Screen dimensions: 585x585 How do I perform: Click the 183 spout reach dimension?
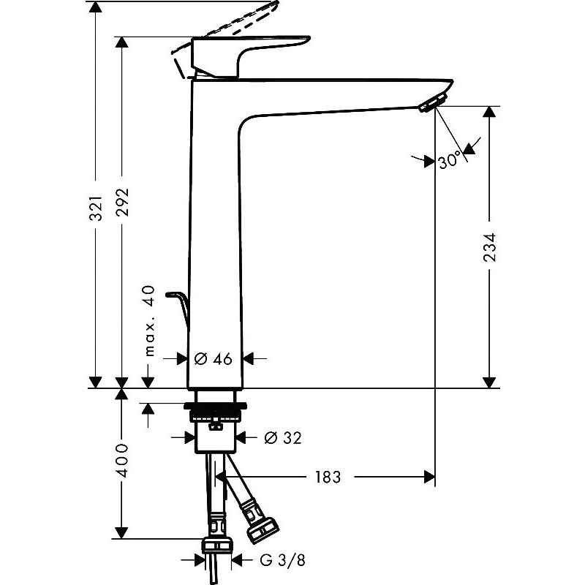tap(328, 478)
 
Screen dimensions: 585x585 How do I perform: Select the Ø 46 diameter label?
tap(214, 358)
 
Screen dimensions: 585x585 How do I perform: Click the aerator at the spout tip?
tap(432, 105)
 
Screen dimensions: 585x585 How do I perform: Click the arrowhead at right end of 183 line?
tap(431, 478)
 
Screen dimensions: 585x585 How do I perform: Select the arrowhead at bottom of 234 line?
tap(489, 381)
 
